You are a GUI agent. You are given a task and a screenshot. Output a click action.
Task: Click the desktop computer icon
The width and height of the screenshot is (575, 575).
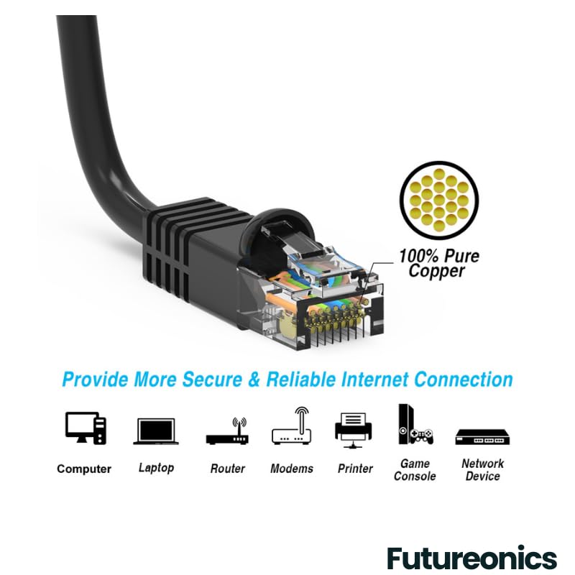point(86,428)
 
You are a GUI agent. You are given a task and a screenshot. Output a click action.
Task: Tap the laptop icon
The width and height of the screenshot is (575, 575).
point(156,431)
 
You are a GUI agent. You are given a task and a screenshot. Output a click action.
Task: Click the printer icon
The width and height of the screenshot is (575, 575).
point(353,430)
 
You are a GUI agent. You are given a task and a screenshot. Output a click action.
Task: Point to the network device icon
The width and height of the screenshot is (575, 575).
point(482,437)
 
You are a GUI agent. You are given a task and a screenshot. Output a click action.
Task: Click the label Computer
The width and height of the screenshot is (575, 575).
point(84,469)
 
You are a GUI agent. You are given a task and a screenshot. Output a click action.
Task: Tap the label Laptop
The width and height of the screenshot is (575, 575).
point(156,468)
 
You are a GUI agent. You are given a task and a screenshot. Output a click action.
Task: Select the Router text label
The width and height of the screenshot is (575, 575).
point(227,469)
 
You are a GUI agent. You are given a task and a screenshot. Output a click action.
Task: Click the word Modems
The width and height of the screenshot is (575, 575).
point(292,469)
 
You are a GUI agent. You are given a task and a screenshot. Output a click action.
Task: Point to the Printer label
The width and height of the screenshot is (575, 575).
point(355,469)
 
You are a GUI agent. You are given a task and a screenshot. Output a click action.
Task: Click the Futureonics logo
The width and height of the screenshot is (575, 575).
point(472,558)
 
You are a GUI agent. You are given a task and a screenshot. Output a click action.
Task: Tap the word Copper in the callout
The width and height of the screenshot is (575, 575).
point(437,272)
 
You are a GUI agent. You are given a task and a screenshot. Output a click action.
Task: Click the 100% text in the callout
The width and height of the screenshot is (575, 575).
point(418,256)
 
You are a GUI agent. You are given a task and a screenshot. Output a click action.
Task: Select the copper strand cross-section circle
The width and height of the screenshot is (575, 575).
point(439,201)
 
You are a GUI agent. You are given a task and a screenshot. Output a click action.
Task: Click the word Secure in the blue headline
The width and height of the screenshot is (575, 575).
point(212,379)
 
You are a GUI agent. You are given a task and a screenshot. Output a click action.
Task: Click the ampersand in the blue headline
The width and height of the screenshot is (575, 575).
point(254,379)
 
